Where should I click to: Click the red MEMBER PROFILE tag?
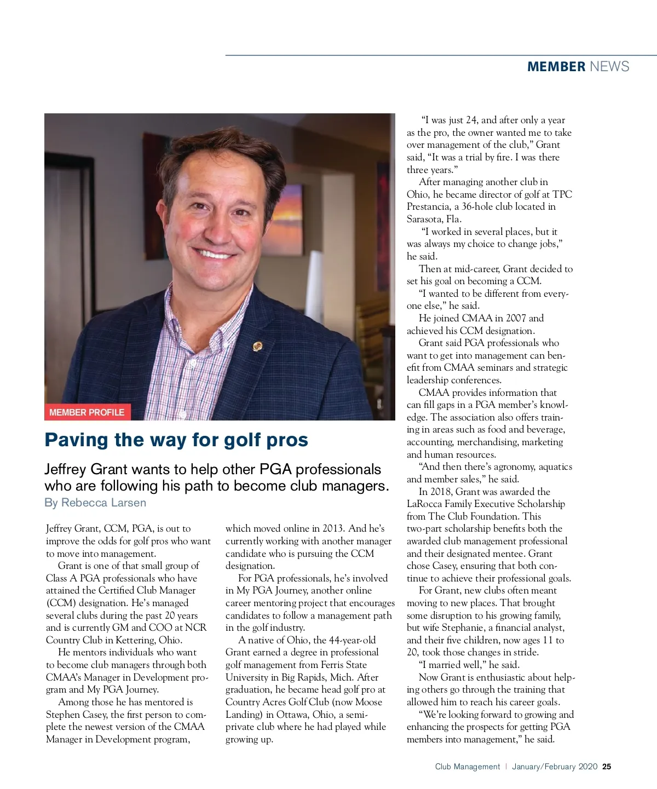tap(87, 412)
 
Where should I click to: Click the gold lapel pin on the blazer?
tap(257, 346)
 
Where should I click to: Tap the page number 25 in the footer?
tap(607, 767)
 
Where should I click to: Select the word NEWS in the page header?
tap(609, 67)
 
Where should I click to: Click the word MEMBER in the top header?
tap(556, 67)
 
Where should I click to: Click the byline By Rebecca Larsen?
tap(95, 503)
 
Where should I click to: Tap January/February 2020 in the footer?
tap(554, 767)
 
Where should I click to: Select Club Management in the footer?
tap(467, 767)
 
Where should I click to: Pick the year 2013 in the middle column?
tap(329, 528)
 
